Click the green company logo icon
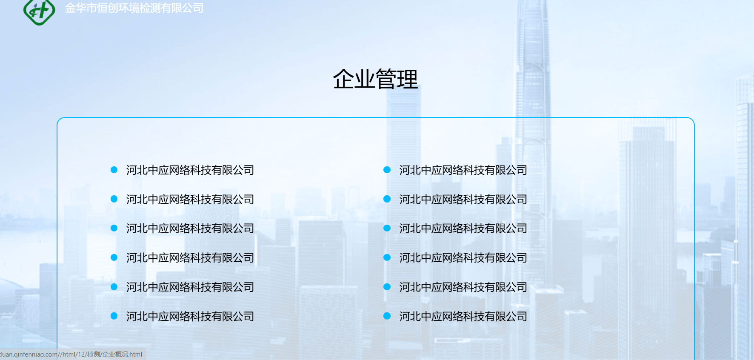(39, 11)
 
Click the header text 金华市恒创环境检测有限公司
(134, 8)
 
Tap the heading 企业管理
(375, 79)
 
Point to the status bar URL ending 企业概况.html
(71, 354)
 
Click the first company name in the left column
(190, 170)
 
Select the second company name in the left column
(190, 200)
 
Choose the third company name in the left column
(190, 229)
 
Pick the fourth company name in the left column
(190, 258)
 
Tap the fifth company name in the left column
(190, 287)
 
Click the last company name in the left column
(190, 317)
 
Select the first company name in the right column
(463, 170)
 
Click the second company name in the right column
(463, 200)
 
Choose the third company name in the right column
(463, 229)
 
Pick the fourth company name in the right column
(463, 258)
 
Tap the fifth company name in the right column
(463, 287)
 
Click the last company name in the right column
(463, 317)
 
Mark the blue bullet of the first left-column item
(114, 170)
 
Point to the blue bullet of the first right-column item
(387, 170)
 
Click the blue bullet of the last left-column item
(114, 316)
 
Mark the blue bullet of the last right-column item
(387, 316)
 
